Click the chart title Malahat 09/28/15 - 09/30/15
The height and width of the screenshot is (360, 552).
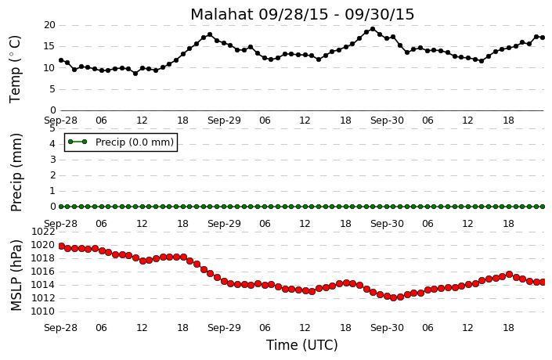(302, 14)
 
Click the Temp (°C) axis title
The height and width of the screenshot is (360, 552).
(15, 69)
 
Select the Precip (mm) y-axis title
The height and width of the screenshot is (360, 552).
(16, 172)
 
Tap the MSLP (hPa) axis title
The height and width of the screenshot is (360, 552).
(16, 275)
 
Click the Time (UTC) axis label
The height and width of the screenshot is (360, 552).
(301, 345)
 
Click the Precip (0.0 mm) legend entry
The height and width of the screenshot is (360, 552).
(121, 142)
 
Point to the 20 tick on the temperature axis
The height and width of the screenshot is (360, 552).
(49, 25)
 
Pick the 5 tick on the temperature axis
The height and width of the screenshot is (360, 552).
(52, 89)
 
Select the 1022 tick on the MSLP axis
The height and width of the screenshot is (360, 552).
(43, 231)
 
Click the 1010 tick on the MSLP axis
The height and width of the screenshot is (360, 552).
(43, 311)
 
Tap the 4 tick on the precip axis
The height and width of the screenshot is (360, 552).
(52, 144)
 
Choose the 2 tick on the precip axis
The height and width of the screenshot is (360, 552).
(52, 175)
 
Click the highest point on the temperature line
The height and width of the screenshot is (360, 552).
(373, 29)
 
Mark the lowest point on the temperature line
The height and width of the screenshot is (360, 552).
(135, 74)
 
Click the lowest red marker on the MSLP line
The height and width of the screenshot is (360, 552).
(394, 297)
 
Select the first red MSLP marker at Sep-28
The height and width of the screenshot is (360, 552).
(61, 246)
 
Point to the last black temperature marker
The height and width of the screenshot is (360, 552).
(543, 38)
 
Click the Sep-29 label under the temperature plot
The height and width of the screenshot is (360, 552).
(224, 121)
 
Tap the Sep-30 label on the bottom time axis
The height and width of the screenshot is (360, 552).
(387, 328)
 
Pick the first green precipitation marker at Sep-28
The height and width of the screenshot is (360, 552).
(61, 207)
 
